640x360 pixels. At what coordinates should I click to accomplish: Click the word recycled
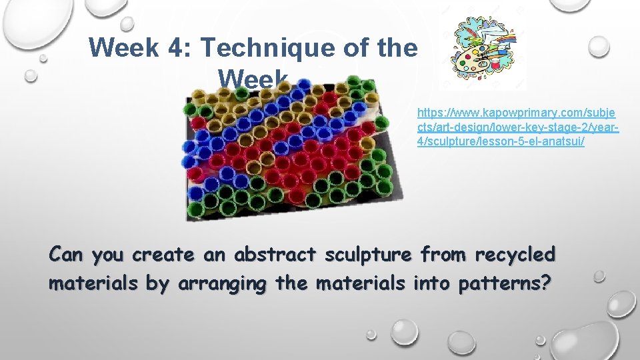pos(515,255)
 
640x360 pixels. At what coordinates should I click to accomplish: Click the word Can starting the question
pos(66,255)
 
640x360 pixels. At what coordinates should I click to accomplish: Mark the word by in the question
pos(157,284)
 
